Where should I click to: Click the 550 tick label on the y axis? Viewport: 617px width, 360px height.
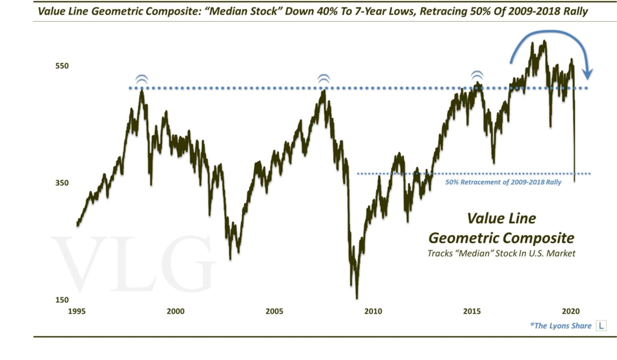[63, 66]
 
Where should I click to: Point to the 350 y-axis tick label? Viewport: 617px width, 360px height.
[63, 183]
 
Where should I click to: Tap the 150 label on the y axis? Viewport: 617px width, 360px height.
[63, 300]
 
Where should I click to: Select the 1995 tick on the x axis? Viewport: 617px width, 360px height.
[76, 312]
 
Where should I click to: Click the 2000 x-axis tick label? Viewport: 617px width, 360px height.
[175, 312]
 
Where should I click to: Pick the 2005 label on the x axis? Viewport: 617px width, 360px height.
[274, 312]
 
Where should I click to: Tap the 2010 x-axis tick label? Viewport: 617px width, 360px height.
[373, 312]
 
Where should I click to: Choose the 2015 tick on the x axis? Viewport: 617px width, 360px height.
[472, 312]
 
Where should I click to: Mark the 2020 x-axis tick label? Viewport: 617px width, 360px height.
[571, 312]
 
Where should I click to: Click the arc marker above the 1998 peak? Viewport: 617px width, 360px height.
[141, 79]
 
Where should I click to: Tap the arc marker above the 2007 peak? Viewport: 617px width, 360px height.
[324, 78]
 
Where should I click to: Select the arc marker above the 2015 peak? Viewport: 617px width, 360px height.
[477, 75]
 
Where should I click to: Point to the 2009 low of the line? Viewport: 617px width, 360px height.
[357, 297]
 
